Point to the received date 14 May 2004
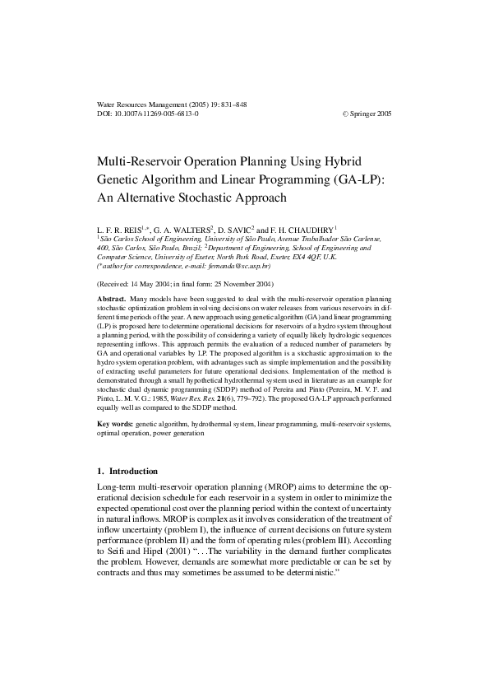point(149,284)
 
